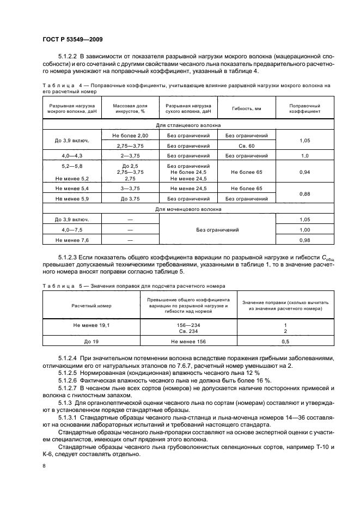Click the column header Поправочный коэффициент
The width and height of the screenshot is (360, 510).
(x=304, y=108)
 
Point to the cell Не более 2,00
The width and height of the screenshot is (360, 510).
(x=130, y=135)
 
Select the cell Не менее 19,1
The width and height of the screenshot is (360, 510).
(x=91, y=325)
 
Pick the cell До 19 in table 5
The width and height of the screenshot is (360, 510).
(x=91, y=342)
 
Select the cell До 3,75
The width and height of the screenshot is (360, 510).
(x=130, y=199)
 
